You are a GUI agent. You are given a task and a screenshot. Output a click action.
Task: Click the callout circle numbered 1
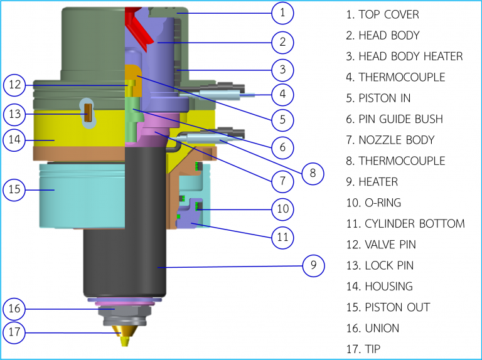click(283, 12)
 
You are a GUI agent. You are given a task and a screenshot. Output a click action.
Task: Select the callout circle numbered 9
click(313, 266)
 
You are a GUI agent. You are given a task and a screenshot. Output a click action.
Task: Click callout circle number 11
click(283, 236)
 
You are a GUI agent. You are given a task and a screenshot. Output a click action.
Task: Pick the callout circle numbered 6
click(283, 148)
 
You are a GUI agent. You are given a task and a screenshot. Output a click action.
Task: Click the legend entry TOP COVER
click(382, 14)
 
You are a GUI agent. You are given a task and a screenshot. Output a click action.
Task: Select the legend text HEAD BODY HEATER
click(404, 56)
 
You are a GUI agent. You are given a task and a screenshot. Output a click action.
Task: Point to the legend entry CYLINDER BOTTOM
click(405, 224)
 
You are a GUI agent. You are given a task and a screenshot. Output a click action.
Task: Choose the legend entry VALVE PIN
click(380, 245)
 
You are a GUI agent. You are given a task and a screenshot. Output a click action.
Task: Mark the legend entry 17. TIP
click(363, 349)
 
